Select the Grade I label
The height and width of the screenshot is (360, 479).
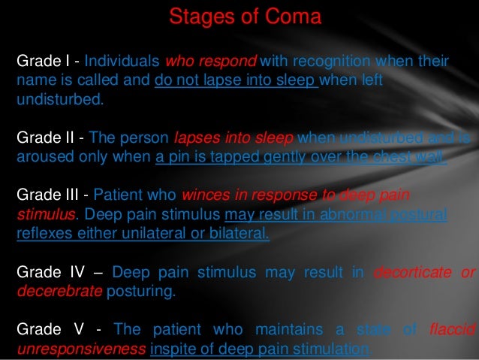pos(43,61)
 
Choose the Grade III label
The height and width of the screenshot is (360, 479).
pos(47,196)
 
